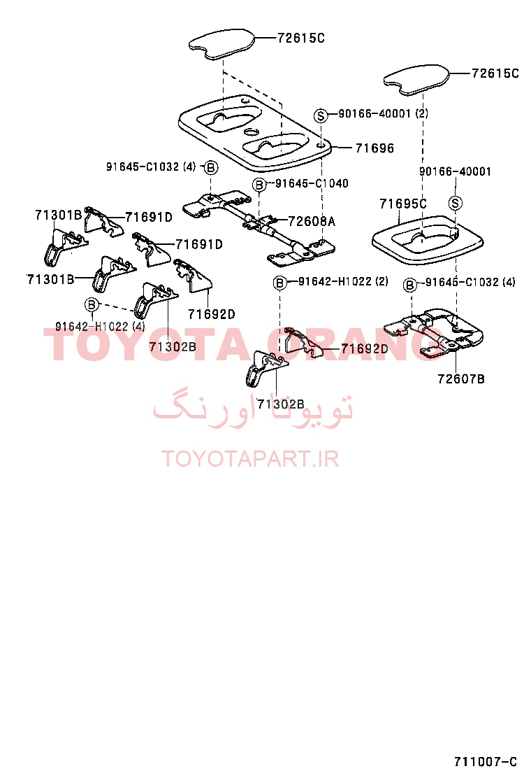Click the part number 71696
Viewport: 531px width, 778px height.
point(374,148)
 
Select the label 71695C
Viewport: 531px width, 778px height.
point(402,204)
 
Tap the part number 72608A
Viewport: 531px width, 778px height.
point(312,221)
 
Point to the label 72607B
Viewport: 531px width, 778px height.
point(461,379)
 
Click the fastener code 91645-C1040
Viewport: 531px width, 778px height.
point(312,183)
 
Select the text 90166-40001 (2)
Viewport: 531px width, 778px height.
point(384,113)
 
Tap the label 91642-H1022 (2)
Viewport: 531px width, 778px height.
point(343,281)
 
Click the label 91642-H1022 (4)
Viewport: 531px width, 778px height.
point(100,327)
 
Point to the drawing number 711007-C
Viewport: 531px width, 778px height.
point(486,762)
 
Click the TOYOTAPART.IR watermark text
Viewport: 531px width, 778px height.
point(250,459)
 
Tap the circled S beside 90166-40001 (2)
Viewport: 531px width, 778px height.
point(321,115)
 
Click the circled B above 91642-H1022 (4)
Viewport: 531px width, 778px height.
point(92,304)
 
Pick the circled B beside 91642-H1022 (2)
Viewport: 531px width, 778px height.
point(280,283)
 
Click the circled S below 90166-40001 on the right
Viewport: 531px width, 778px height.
point(456,203)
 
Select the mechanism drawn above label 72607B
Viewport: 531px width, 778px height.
point(434,332)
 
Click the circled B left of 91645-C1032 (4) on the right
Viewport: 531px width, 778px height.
point(409,285)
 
